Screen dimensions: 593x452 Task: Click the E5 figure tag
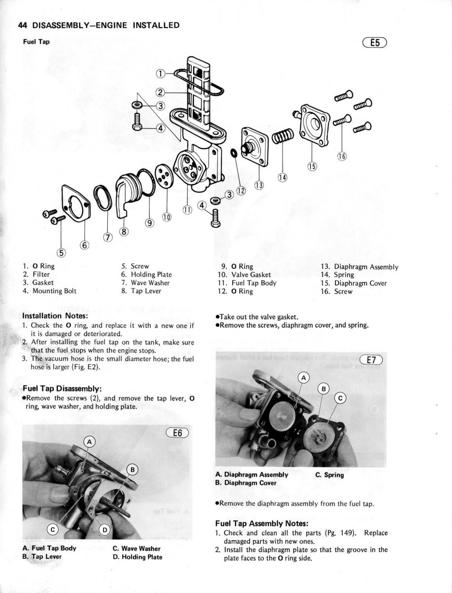[375, 43]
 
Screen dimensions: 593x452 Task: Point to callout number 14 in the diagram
[282, 176]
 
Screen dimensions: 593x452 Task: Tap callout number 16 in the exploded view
[341, 157]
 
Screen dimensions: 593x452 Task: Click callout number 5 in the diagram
[62, 254]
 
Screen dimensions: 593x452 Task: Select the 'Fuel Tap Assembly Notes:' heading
[262, 523]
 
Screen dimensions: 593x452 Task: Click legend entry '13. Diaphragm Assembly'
[359, 267]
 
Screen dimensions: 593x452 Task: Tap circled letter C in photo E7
[340, 398]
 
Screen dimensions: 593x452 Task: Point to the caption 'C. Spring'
[329, 475]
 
